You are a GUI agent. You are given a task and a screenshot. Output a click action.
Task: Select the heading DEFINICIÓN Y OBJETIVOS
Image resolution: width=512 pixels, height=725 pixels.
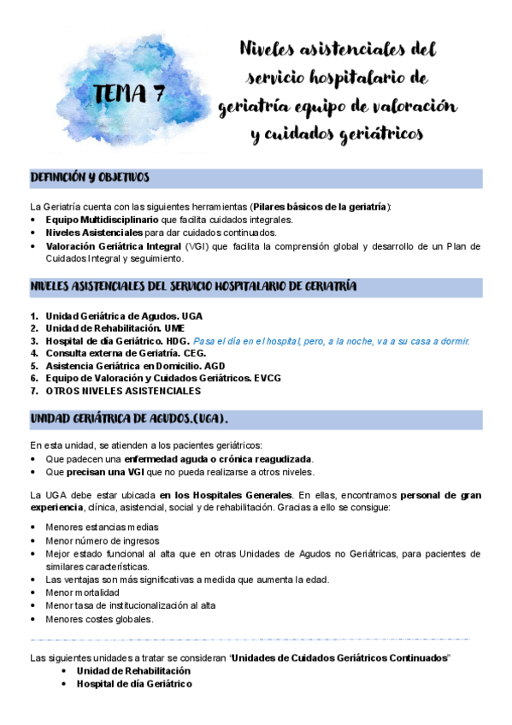(x=90, y=178)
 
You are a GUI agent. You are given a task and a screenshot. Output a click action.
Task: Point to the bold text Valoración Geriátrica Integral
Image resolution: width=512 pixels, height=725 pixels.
(x=114, y=246)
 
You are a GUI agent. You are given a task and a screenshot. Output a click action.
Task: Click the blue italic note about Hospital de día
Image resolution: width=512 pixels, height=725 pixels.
(x=332, y=340)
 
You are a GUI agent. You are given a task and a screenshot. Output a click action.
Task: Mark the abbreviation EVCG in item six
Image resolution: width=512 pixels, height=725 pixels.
(x=268, y=378)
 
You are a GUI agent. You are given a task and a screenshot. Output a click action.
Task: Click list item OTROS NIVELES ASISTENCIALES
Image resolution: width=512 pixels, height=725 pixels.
(x=124, y=391)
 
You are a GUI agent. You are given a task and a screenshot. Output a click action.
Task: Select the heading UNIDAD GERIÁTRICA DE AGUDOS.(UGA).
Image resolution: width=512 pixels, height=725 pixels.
(x=128, y=419)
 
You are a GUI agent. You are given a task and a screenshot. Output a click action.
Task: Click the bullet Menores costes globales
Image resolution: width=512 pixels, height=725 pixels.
(x=99, y=619)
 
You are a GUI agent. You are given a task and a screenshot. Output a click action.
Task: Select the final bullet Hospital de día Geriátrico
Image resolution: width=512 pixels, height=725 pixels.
(x=133, y=684)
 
